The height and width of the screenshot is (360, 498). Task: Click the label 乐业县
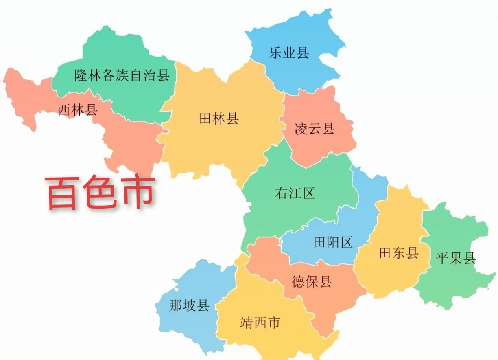click(289, 53)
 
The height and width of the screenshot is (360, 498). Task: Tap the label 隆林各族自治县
click(122, 75)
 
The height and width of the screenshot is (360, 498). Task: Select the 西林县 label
click(77, 110)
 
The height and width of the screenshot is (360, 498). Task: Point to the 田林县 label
click(219, 119)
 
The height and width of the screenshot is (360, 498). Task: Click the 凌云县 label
click(315, 129)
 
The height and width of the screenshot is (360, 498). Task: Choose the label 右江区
click(295, 193)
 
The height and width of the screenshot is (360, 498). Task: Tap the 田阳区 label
click(333, 243)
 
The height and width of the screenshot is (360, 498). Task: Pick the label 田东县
click(399, 253)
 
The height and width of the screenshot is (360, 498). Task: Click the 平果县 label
click(456, 258)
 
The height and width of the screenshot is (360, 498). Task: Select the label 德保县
click(312, 281)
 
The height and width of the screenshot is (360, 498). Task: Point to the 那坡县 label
click(189, 305)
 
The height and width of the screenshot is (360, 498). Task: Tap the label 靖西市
click(260, 323)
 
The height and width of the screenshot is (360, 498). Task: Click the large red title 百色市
click(99, 192)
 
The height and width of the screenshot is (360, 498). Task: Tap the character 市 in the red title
click(137, 192)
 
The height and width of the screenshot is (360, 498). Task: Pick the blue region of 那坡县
click(187, 326)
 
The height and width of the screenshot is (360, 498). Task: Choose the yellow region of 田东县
click(397, 277)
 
